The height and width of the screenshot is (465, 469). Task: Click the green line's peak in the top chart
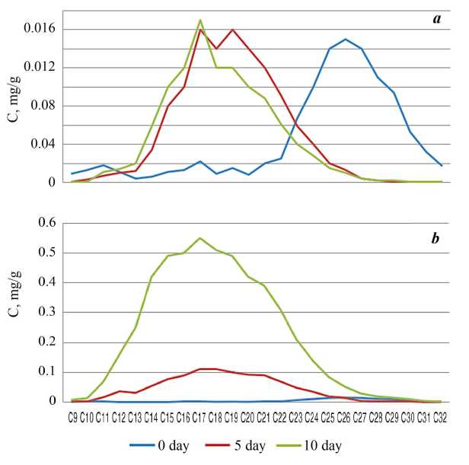pos(200,20)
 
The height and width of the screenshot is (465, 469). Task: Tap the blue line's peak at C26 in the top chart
pos(345,39)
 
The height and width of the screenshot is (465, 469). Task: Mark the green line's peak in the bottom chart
pos(200,238)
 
